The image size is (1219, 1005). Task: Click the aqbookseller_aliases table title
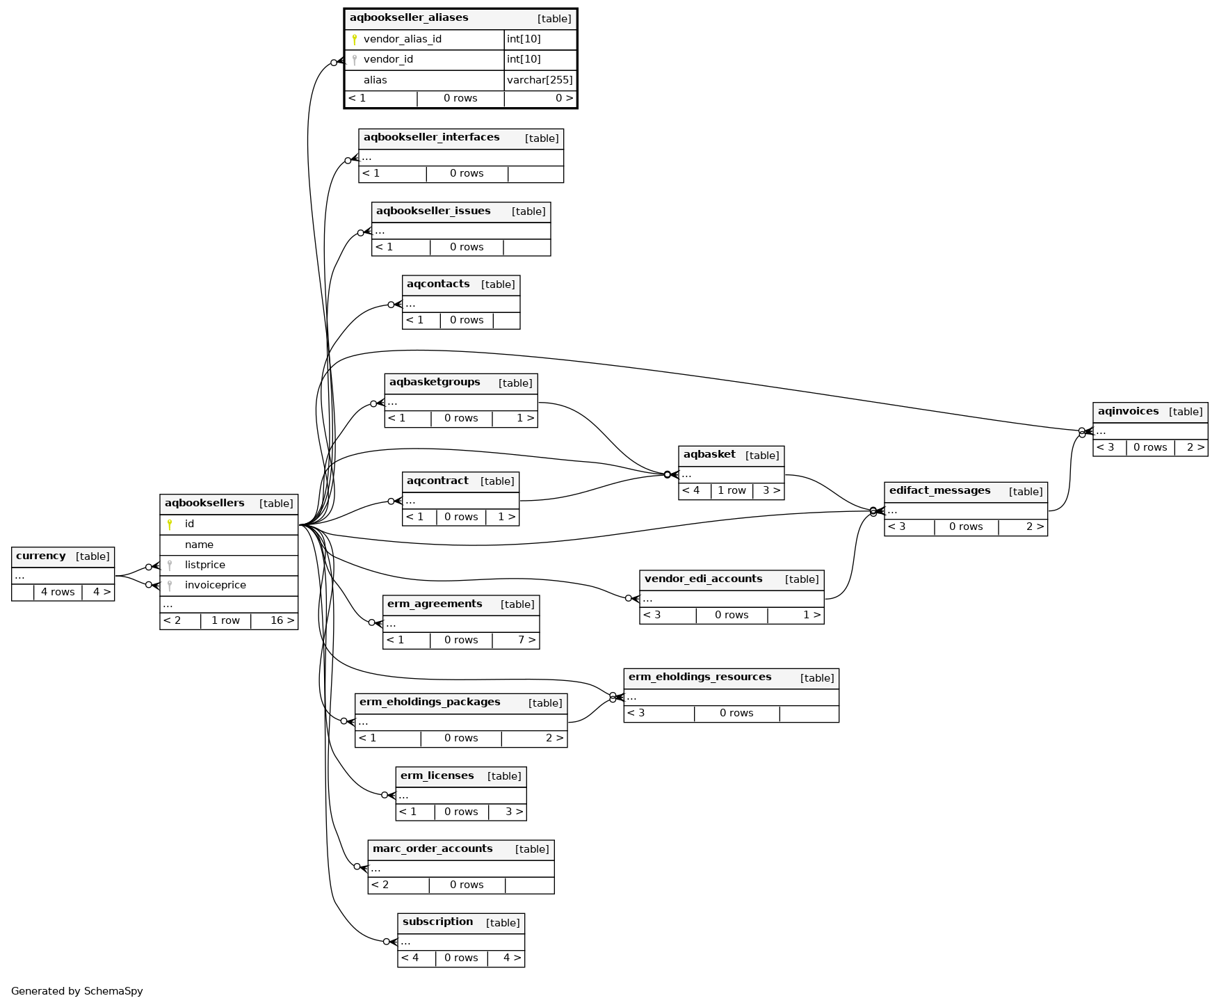coord(409,18)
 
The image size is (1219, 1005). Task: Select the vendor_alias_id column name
coord(402,39)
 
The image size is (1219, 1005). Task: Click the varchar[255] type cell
coord(540,80)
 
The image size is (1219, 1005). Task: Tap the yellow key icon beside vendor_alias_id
coord(355,40)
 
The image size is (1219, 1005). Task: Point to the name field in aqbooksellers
coord(199,545)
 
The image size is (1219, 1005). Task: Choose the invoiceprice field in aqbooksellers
coord(215,585)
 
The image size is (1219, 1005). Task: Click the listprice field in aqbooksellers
coord(204,565)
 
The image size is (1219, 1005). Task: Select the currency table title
coord(41,556)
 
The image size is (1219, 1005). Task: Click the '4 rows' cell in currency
coord(58,593)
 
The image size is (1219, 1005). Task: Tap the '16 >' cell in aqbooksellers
coord(282,620)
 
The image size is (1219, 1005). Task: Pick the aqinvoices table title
coord(1128,412)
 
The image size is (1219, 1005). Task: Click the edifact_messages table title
coord(939,491)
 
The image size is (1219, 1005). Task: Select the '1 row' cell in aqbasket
coord(732,491)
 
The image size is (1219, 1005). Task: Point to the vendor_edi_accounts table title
coord(703,579)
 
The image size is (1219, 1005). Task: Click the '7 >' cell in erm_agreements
coord(526,640)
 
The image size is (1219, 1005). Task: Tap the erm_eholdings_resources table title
coord(700,677)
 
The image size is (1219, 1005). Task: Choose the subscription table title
coord(437,922)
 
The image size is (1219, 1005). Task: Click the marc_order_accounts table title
coord(433,849)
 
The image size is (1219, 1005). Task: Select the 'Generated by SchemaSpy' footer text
coord(77,991)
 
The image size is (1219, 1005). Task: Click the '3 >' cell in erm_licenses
coord(514,812)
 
